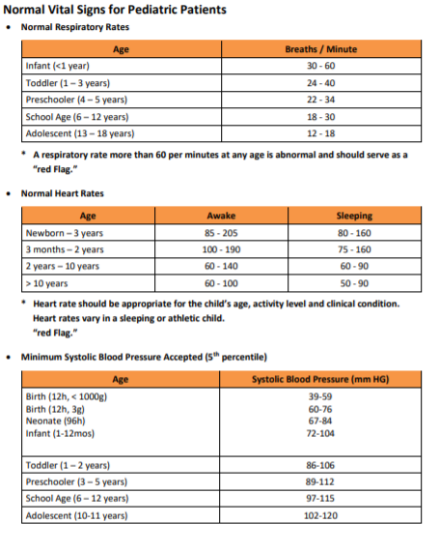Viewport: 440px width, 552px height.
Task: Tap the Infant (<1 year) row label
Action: tap(58, 66)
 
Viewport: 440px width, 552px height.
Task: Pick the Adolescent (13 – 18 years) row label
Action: tap(79, 133)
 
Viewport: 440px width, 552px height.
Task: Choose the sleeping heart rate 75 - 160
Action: tap(354, 249)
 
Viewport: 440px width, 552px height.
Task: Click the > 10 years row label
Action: tap(46, 284)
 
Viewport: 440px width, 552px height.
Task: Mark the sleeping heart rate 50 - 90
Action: tap(354, 284)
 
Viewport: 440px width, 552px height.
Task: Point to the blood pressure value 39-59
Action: tap(319, 397)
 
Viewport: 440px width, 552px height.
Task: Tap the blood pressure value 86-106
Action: tap(319, 465)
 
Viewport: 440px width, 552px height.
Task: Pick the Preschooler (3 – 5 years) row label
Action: tap(75, 481)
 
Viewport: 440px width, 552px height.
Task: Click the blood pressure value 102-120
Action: tap(319, 515)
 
